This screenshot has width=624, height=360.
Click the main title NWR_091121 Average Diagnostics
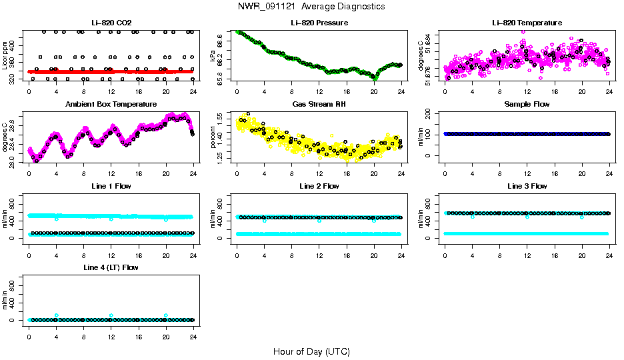311,7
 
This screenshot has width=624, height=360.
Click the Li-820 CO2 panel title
111,23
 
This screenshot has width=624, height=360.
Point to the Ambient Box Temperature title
111,104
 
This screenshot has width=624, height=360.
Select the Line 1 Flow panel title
111,186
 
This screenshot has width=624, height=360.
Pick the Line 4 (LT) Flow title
111,267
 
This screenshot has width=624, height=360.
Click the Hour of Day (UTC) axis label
311,351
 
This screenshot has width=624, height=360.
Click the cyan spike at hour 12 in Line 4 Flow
111,315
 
